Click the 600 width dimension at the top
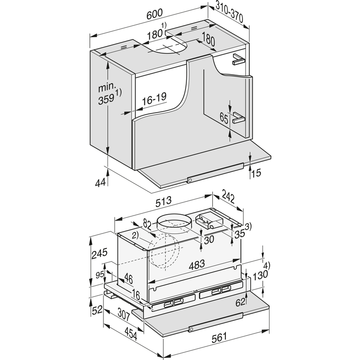pyautogui.click(x=154, y=14)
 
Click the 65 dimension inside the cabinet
pyautogui.click(x=224, y=118)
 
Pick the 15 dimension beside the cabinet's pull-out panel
pyautogui.click(x=256, y=173)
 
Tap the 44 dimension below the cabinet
pyautogui.click(x=100, y=183)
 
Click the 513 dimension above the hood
pyautogui.click(x=163, y=202)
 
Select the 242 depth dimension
pyautogui.click(x=228, y=196)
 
